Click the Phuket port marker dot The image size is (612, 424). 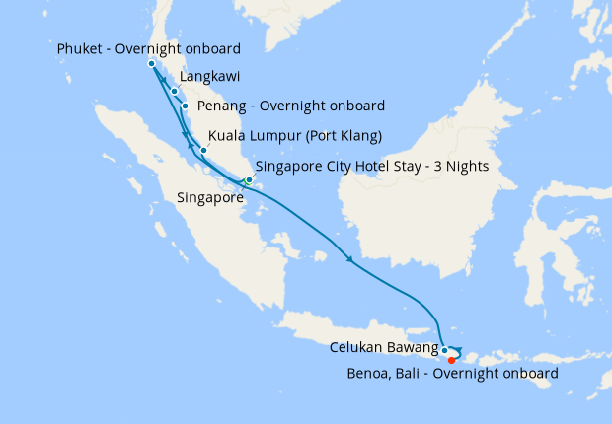[x=151, y=64]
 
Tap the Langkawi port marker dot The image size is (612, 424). [x=175, y=92]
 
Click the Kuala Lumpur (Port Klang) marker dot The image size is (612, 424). [x=203, y=151]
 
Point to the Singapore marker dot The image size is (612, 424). [x=249, y=180]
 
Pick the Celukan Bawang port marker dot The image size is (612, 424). [x=445, y=350]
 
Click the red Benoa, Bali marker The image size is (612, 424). [x=451, y=359]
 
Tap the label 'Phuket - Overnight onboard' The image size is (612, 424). [x=149, y=49]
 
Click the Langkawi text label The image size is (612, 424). [x=209, y=76]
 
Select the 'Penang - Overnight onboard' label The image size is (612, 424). [x=291, y=106]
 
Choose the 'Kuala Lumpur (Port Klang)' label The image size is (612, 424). [x=295, y=136]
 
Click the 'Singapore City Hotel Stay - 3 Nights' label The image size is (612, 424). [x=372, y=166]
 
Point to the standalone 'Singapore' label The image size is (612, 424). [x=209, y=198]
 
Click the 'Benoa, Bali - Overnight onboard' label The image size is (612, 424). [x=453, y=374]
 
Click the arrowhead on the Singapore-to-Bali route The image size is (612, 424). [x=349, y=260]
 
